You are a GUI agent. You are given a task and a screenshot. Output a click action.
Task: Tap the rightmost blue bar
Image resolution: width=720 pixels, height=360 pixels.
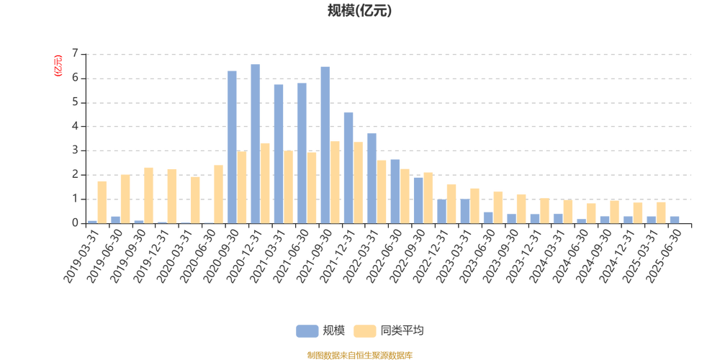pyautogui.click(x=675, y=219)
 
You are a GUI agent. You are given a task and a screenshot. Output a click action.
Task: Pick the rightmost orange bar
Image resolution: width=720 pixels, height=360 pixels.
pyautogui.click(x=661, y=212)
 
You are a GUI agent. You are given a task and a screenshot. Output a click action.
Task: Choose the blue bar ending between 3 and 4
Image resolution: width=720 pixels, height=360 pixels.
pyautogui.click(x=372, y=178)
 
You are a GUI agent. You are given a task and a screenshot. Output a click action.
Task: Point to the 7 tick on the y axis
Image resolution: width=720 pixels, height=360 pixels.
pyautogui.click(x=74, y=54)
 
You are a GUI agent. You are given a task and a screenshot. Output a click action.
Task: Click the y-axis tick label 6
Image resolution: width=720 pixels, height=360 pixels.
pyautogui.click(x=74, y=78)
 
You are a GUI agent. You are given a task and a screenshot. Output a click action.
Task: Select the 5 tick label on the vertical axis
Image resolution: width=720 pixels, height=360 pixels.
pyautogui.click(x=74, y=102)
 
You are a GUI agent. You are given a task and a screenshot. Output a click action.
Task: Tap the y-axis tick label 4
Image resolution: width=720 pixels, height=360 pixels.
pyautogui.click(x=74, y=127)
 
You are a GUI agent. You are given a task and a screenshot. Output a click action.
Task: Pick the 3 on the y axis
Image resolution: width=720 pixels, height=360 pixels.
pyautogui.click(x=74, y=151)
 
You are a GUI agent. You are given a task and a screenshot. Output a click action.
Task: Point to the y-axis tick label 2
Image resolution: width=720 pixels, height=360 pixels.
pyautogui.click(x=74, y=175)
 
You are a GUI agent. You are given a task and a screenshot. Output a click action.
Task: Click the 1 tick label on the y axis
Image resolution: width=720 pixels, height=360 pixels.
pyautogui.click(x=74, y=199)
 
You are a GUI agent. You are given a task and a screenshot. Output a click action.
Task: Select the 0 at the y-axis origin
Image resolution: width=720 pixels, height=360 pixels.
pyautogui.click(x=74, y=223)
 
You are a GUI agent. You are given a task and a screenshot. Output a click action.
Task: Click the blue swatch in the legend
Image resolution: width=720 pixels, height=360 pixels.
pyautogui.click(x=307, y=330)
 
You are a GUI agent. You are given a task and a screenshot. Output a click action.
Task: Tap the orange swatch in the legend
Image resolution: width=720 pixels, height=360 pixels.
pyautogui.click(x=365, y=330)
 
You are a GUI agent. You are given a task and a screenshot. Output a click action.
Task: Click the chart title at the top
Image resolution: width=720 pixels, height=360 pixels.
pyautogui.click(x=359, y=11)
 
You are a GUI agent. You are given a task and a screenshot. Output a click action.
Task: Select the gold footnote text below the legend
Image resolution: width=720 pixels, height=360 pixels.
pyautogui.click(x=359, y=354)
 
